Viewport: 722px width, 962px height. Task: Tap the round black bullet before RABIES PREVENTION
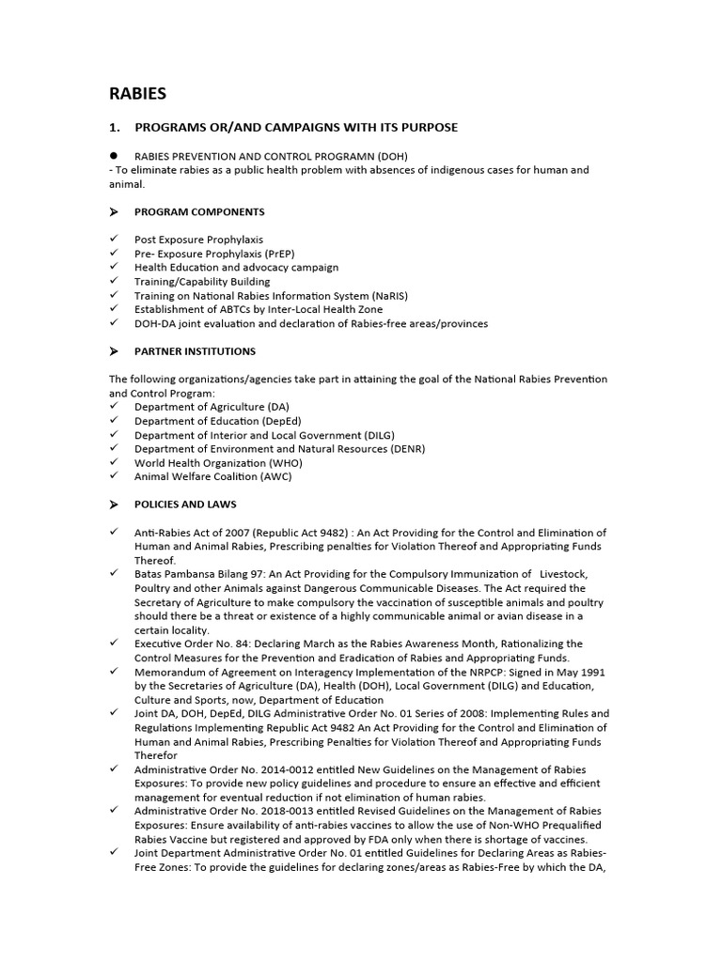click(114, 154)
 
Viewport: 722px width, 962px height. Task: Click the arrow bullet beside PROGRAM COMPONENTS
click(114, 212)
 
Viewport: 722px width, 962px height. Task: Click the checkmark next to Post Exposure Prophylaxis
click(114, 240)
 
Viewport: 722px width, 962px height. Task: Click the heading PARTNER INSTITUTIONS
click(195, 351)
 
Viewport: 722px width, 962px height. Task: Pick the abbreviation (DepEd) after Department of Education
click(275, 421)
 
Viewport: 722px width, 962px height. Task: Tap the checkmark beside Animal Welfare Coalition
click(114, 476)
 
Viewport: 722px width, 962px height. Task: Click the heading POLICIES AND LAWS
click(185, 504)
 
